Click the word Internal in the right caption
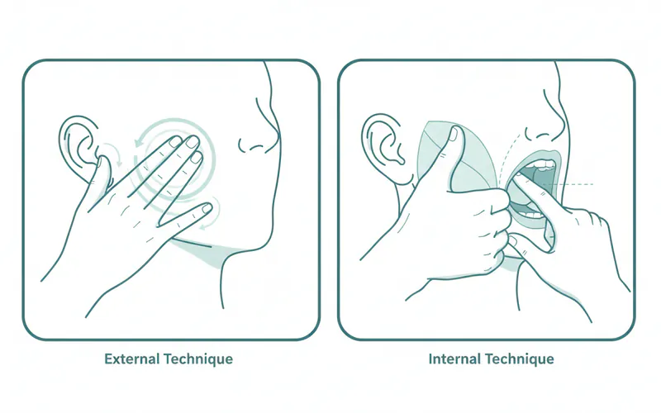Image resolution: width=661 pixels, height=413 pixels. pyautogui.click(x=454, y=359)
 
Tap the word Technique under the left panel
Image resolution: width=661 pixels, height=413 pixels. pyautogui.click(x=197, y=359)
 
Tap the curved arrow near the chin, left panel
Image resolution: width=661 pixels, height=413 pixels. pyautogui.click(x=216, y=210)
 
